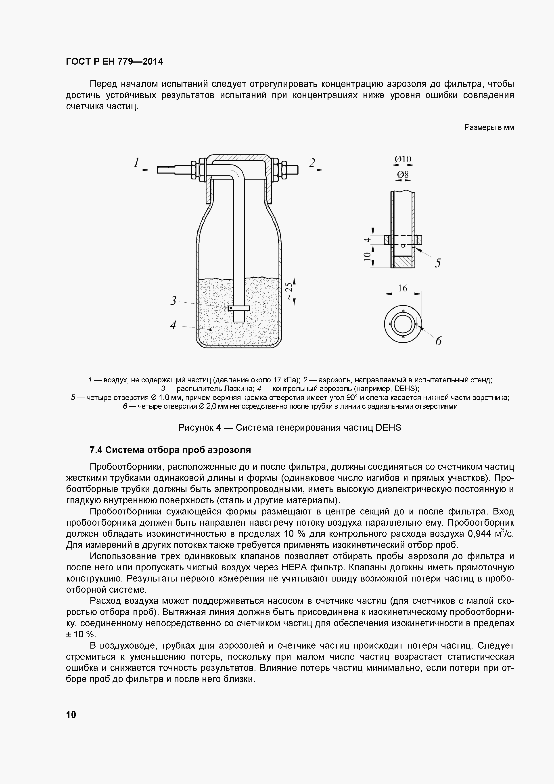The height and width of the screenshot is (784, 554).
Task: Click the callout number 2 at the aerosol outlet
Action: coord(312,163)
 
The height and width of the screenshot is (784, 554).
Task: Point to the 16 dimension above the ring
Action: coord(403,288)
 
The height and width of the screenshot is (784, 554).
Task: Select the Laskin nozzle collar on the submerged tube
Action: coord(239,308)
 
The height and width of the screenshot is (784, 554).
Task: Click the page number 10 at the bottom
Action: coord(71,714)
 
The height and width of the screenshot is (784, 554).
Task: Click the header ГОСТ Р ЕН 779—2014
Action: coord(114,62)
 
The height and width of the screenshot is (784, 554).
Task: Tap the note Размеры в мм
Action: coord(489,128)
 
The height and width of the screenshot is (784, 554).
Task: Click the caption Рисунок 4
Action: coord(290,428)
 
